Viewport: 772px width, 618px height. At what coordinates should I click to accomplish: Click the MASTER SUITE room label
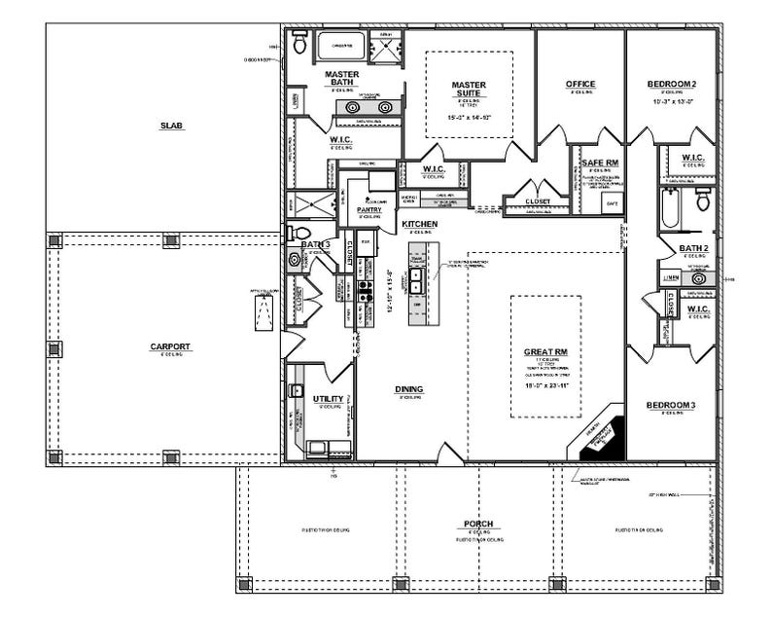[469, 90]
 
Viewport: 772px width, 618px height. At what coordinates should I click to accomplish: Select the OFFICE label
[580, 85]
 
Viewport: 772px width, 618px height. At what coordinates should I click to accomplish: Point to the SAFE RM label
[600, 163]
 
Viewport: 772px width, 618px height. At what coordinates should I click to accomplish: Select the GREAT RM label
[545, 350]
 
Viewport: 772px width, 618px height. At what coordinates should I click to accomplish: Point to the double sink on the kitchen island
[417, 281]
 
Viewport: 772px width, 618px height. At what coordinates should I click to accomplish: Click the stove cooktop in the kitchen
[365, 288]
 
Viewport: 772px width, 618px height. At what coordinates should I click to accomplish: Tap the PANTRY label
[368, 209]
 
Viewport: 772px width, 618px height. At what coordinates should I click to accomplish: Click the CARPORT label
[170, 347]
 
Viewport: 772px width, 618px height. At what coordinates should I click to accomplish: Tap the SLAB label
[172, 126]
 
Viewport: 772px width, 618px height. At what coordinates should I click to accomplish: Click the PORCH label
[477, 525]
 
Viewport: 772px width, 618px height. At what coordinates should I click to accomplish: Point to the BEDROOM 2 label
[672, 85]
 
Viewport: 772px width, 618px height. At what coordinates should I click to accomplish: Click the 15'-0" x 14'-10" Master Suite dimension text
[469, 117]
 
